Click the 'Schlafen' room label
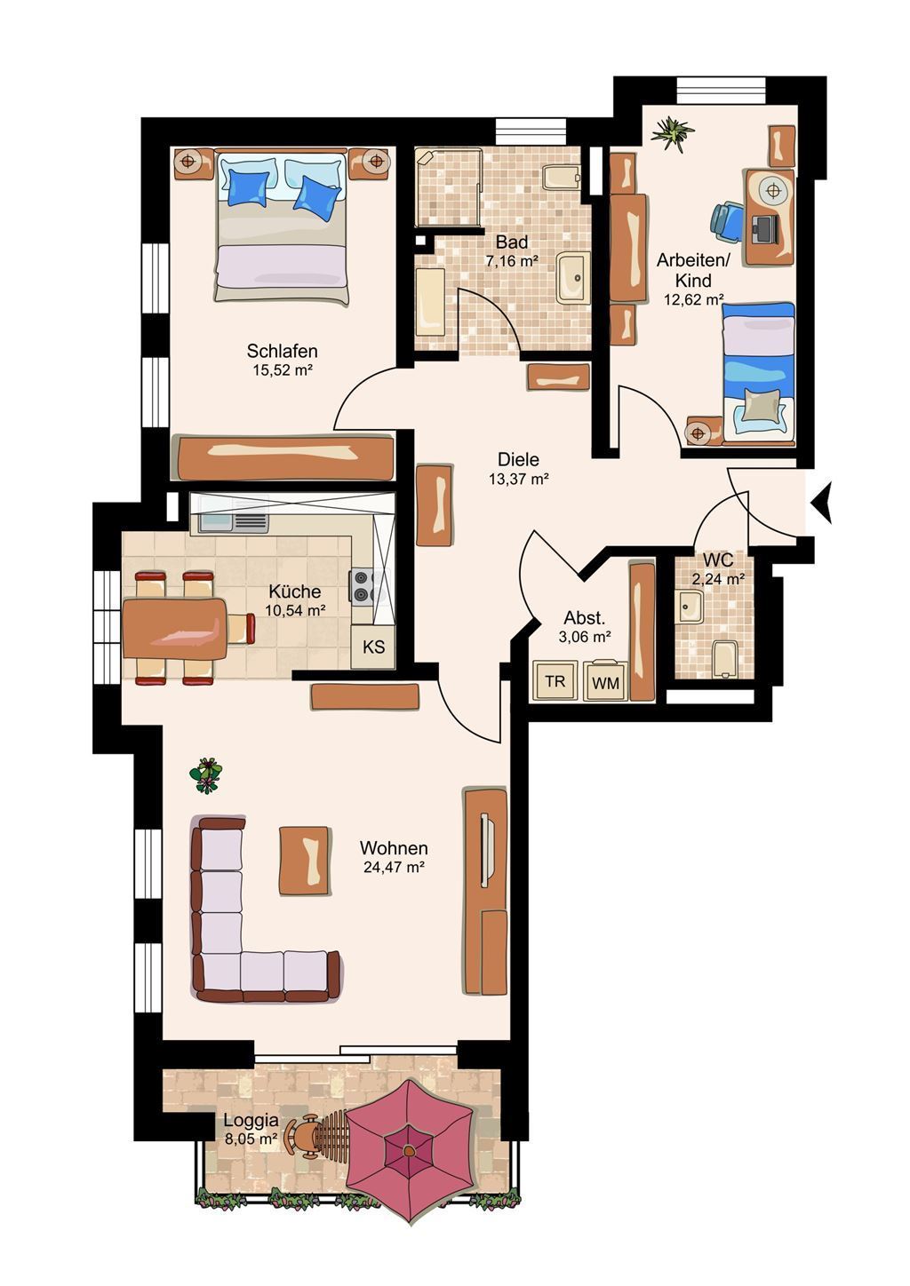(282, 351)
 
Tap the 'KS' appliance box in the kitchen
(373, 647)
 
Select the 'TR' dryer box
(555, 681)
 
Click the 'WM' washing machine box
(605, 681)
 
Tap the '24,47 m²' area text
(394, 867)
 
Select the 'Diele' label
(518, 459)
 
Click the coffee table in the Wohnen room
(304, 860)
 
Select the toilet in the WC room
(722, 658)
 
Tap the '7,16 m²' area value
(511, 262)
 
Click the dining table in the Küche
(175, 628)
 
